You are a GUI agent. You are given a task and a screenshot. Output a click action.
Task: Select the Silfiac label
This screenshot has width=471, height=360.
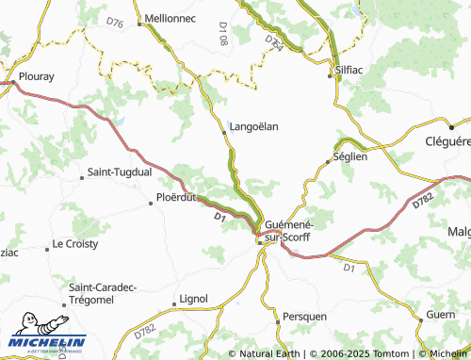click(x=356, y=71)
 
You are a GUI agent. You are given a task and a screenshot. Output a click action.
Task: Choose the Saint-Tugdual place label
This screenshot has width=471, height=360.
click(x=122, y=172)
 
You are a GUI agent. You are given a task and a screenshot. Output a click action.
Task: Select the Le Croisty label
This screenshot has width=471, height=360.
click(x=76, y=243)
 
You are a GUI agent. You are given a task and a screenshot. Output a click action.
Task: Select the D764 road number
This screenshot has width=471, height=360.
click(x=274, y=42)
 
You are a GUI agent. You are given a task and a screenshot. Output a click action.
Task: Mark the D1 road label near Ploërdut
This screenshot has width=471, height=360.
click(x=219, y=217)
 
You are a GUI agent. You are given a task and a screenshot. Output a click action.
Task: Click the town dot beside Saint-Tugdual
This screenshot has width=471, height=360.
click(x=83, y=173)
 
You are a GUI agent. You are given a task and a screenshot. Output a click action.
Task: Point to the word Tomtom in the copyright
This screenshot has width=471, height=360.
click(x=377, y=353)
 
